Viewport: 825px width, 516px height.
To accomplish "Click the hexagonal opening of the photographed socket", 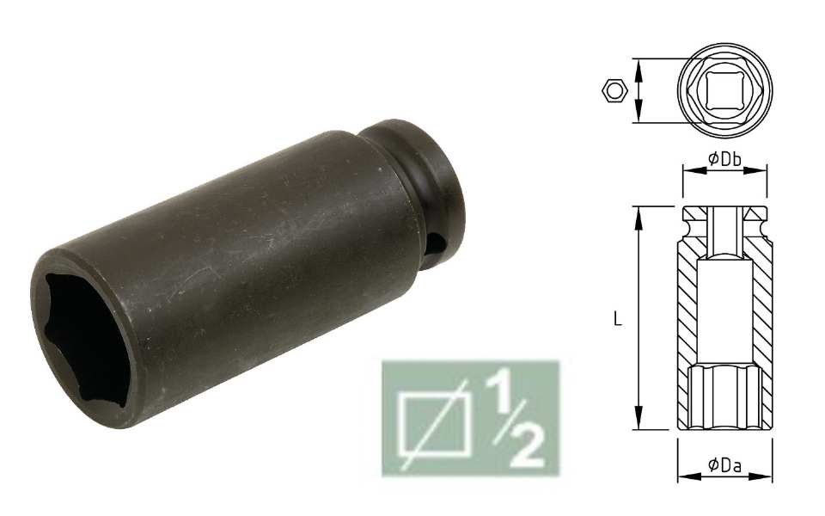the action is (83, 336).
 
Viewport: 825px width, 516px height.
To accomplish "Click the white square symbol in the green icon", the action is (436, 426).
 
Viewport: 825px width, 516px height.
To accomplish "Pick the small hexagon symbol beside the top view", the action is (614, 90).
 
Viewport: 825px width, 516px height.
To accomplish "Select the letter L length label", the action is (618, 318).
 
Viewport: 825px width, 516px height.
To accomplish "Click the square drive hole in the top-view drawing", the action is (724, 90).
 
